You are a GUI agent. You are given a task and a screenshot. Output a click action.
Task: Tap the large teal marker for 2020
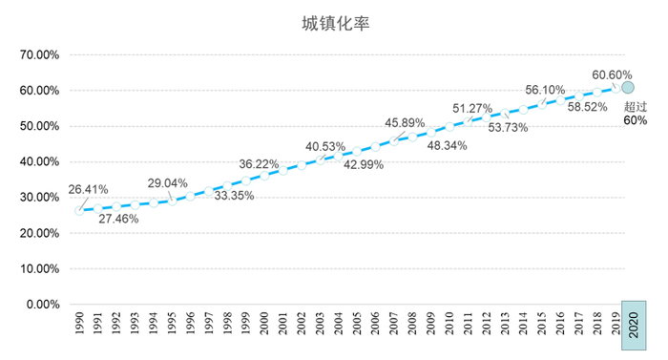point(628,87)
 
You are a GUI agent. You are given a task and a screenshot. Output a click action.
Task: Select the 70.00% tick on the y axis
point(40,54)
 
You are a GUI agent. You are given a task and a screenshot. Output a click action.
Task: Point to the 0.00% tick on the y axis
point(43,305)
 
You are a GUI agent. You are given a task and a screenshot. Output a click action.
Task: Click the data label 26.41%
point(87,189)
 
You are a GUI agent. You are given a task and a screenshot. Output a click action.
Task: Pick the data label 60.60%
point(612,74)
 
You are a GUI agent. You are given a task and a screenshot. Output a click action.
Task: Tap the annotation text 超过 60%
point(636,114)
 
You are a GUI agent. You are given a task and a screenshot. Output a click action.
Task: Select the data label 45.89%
point(405,123)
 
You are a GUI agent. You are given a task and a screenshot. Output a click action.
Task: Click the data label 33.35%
point(234,196)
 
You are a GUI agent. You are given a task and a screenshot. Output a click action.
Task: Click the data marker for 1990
point(79,210)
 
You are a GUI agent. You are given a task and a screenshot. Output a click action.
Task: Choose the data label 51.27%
point(472,108)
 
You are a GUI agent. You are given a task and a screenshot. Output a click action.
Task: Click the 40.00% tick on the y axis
point(40,161)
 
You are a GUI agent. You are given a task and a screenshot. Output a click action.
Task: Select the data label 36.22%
point(259,163)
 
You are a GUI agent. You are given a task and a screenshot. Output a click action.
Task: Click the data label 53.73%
point(508,128)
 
